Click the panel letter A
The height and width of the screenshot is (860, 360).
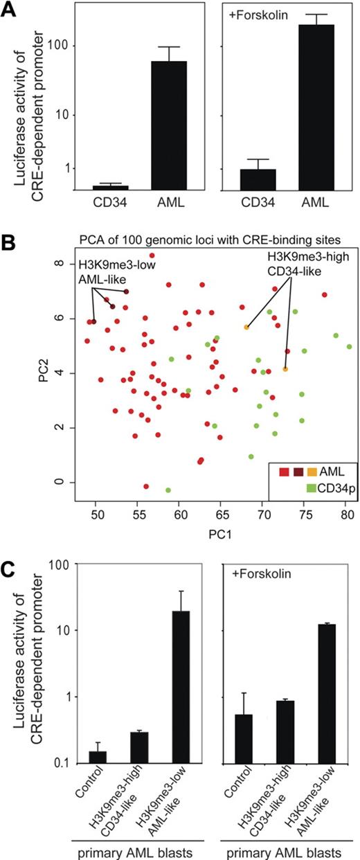pyautogui.click(x=11, y=10)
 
